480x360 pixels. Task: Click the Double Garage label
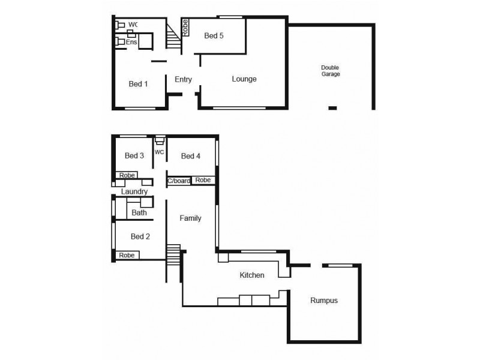[x=330, y=70]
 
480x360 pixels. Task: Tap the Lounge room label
[x=244, y=79]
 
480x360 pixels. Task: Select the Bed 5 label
[x=214, y=36]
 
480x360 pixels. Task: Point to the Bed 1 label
[x=138, y=84]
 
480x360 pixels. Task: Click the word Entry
[x=183, y=79]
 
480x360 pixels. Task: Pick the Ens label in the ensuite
[x=131, y=43]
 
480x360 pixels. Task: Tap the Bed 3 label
[x=134, y=156]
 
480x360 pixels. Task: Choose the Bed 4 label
[x=190, y=156]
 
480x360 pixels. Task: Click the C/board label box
[x=178, y=181]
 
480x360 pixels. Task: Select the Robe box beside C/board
[x=203, y=180]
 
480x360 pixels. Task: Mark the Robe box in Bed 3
[x=127, y=175]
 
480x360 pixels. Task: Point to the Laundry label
[x=134, y=191]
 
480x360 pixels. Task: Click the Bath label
[x=139, y=213]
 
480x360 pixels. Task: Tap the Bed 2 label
[x=140, y=236]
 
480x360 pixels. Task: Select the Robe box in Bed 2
[x=127, y=255]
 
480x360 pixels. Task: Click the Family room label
[x=190, y=218]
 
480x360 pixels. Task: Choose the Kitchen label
[x=252, y=275]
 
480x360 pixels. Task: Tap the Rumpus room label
[x=324, y=301]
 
